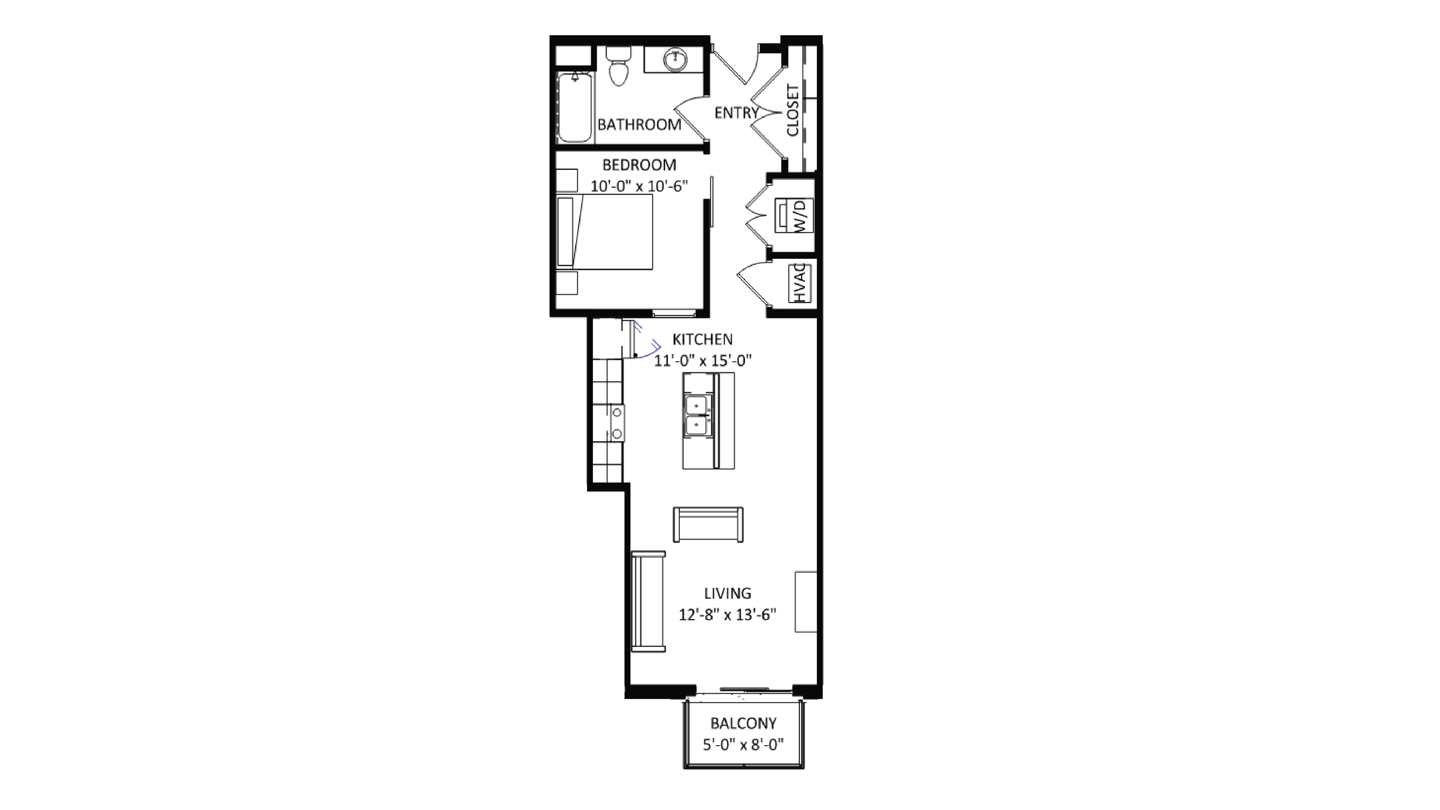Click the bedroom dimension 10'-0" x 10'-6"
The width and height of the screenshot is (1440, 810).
[639, 186]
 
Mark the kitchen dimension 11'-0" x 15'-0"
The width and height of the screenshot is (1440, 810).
[703, 361]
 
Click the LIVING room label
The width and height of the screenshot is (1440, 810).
[727, 593]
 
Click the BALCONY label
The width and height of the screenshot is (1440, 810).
[743, 723]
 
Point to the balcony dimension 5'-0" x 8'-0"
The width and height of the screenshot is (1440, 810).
[743, 745]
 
